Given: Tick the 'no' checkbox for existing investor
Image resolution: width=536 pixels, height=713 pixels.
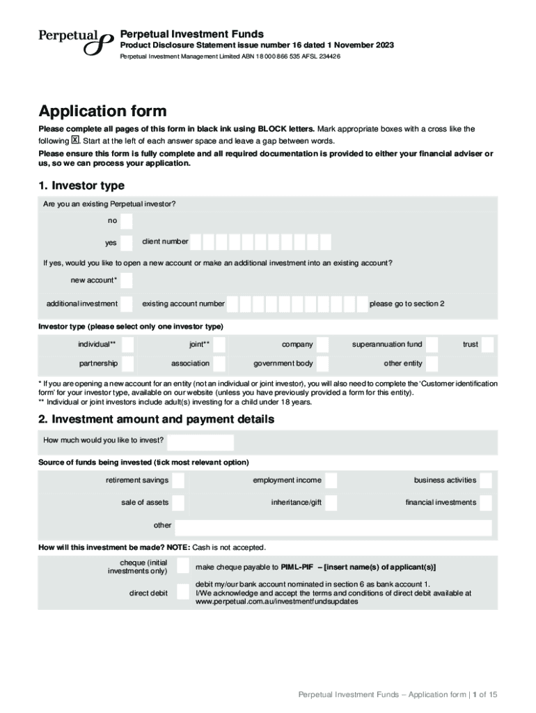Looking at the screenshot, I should [126, 221].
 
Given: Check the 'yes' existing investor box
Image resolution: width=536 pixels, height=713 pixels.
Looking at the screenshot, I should [126, 243].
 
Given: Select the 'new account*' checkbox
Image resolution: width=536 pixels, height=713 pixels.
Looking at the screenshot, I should [126, 281].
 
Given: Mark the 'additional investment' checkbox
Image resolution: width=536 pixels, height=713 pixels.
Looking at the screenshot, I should [126, 304].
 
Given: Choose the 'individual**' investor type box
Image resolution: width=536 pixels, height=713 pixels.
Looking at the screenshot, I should [126, 344].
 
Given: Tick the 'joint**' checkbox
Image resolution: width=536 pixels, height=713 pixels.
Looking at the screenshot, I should [219, 344].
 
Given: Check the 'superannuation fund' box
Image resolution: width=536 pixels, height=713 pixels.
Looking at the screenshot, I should [432, 344].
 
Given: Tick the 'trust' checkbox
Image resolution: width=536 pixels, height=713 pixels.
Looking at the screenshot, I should [487, 344].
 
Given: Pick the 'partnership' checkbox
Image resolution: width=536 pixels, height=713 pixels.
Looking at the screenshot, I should [126, 363].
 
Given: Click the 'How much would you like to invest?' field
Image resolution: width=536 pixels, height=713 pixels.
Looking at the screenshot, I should [200, 442].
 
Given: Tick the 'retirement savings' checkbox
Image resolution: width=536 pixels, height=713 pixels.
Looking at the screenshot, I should [178, 480].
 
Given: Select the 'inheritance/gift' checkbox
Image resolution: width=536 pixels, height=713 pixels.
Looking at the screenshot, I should [331, 503].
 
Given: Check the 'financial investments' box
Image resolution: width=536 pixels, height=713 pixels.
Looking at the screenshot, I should [485, 503].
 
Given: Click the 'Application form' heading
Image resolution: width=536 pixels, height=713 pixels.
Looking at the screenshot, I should [103, 111].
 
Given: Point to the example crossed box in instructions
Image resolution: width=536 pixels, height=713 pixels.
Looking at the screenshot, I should [76, 139].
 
